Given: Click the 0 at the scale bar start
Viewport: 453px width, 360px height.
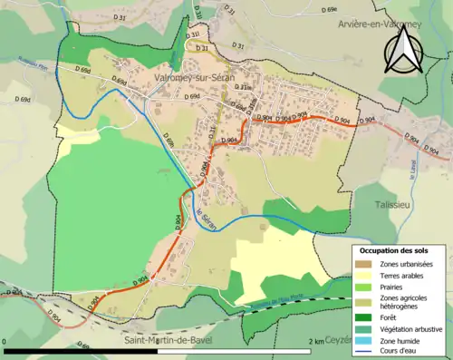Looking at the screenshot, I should coord(6,341).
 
